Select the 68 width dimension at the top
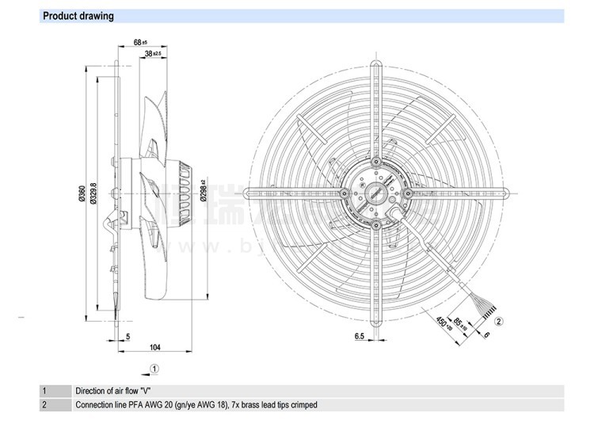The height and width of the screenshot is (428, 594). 139,42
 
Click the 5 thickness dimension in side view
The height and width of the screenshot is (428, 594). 128,336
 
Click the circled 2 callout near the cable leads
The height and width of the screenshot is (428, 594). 500,320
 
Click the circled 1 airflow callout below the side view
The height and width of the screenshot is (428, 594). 155,368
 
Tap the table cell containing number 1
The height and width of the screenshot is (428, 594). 45,391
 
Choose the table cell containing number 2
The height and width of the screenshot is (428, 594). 45,405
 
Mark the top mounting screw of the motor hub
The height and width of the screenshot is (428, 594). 376,160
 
